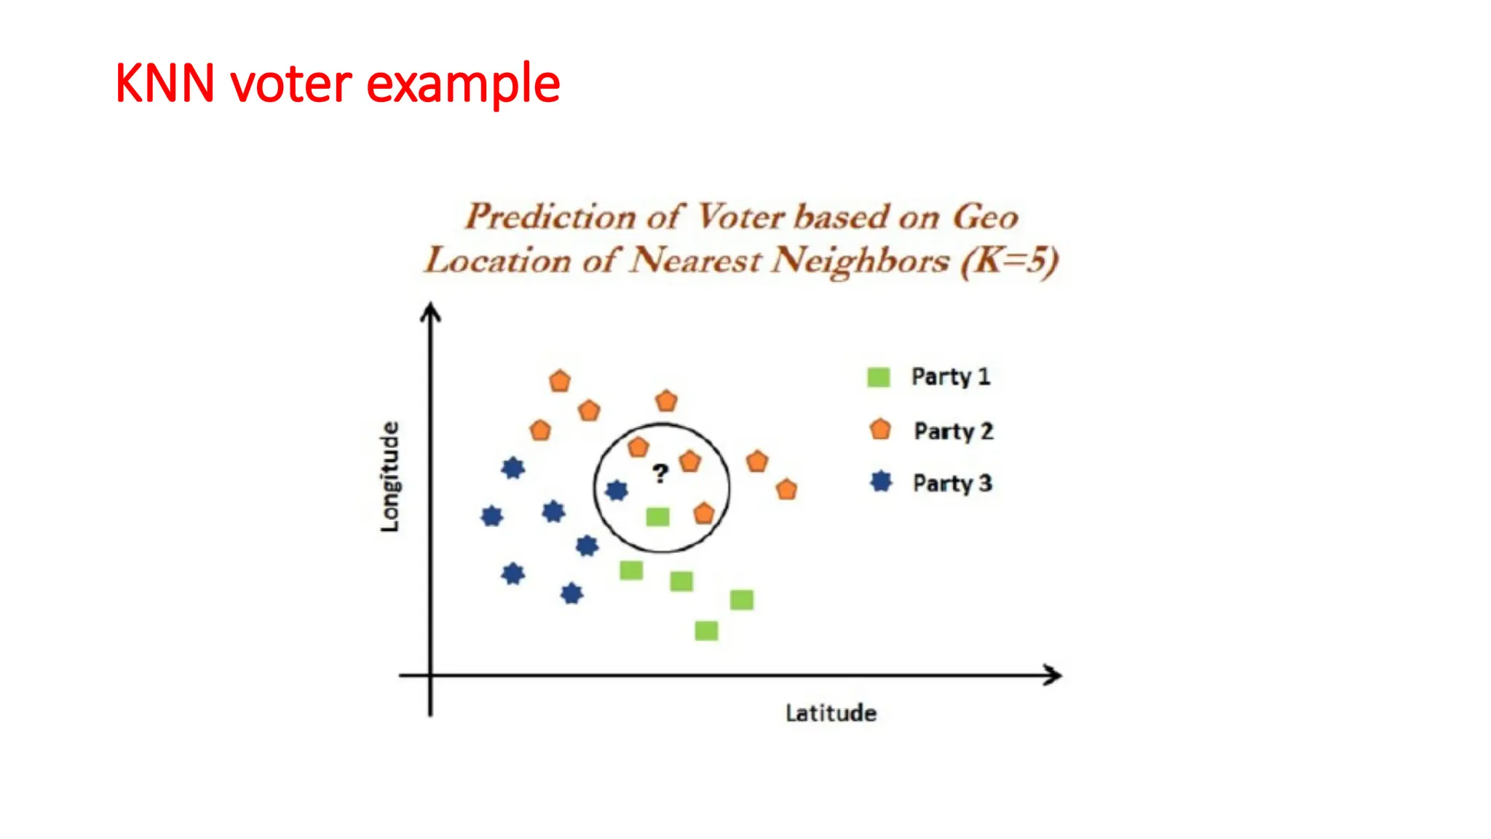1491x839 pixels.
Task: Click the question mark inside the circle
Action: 660,474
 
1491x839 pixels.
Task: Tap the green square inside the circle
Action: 657,517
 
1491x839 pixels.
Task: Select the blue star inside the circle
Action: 617,490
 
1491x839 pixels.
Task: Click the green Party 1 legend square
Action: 879,377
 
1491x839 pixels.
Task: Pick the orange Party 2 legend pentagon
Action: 880,430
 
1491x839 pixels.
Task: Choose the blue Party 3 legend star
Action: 881,481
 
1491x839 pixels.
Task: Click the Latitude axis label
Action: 831,713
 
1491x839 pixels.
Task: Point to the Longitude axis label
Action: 390,477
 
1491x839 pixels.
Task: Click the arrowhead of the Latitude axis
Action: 1053,675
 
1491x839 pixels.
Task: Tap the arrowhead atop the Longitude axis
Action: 431,312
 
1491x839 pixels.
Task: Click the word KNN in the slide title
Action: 165,83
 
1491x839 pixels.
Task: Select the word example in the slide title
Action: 463,84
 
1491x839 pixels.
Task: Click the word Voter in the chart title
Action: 741,216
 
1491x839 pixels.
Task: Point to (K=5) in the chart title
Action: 1009,261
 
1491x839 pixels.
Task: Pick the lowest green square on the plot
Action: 706,631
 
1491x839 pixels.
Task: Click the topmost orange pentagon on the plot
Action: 560,381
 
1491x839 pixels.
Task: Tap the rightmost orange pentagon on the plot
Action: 786,489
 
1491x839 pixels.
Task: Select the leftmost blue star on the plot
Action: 492,516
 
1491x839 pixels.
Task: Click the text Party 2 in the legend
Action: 953,431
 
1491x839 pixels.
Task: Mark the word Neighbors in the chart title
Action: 861,261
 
